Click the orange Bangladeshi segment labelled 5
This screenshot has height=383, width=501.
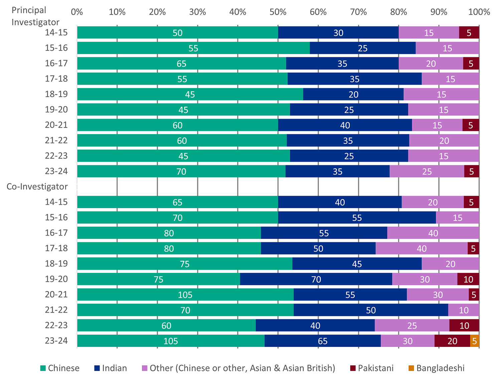tap(475, 341)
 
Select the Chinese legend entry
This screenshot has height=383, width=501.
tap(60, 368)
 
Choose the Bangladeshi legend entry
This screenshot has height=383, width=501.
tap(436, 368)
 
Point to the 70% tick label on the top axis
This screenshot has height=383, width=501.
tap(358, 12)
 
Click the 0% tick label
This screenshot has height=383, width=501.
tap(77, 12)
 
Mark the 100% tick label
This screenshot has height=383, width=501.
tap(479, 12)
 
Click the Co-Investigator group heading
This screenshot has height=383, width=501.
tap(37, 186)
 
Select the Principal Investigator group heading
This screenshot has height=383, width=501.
tap(35, 16)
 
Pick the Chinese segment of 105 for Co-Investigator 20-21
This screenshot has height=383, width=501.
tap(185, 295)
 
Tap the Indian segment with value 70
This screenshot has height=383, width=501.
tap(316, 279)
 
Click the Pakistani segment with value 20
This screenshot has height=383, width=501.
tap(452, 341)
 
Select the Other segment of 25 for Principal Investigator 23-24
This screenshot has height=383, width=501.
tap(427, 171)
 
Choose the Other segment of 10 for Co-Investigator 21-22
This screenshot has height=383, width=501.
tap(464, 310)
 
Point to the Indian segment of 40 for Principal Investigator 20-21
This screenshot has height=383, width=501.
tap(345, 125)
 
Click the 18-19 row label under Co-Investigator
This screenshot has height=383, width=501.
tap(56, 264)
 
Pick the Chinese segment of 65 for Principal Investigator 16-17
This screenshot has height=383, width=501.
tap(181, 64)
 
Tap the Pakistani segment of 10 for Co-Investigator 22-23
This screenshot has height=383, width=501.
tap(464, 326)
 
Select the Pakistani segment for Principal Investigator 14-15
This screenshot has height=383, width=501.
tap(469, 33)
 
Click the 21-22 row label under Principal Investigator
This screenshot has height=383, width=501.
tap(56, 140)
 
